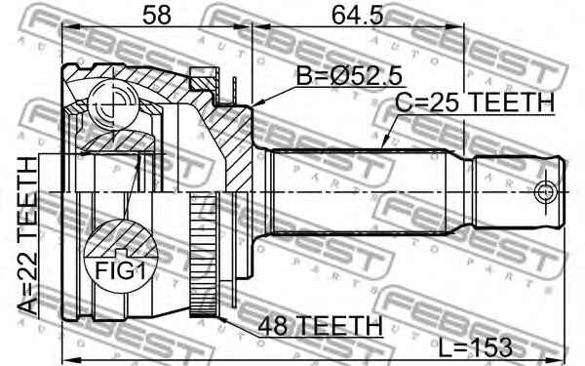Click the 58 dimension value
click(153, 16)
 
